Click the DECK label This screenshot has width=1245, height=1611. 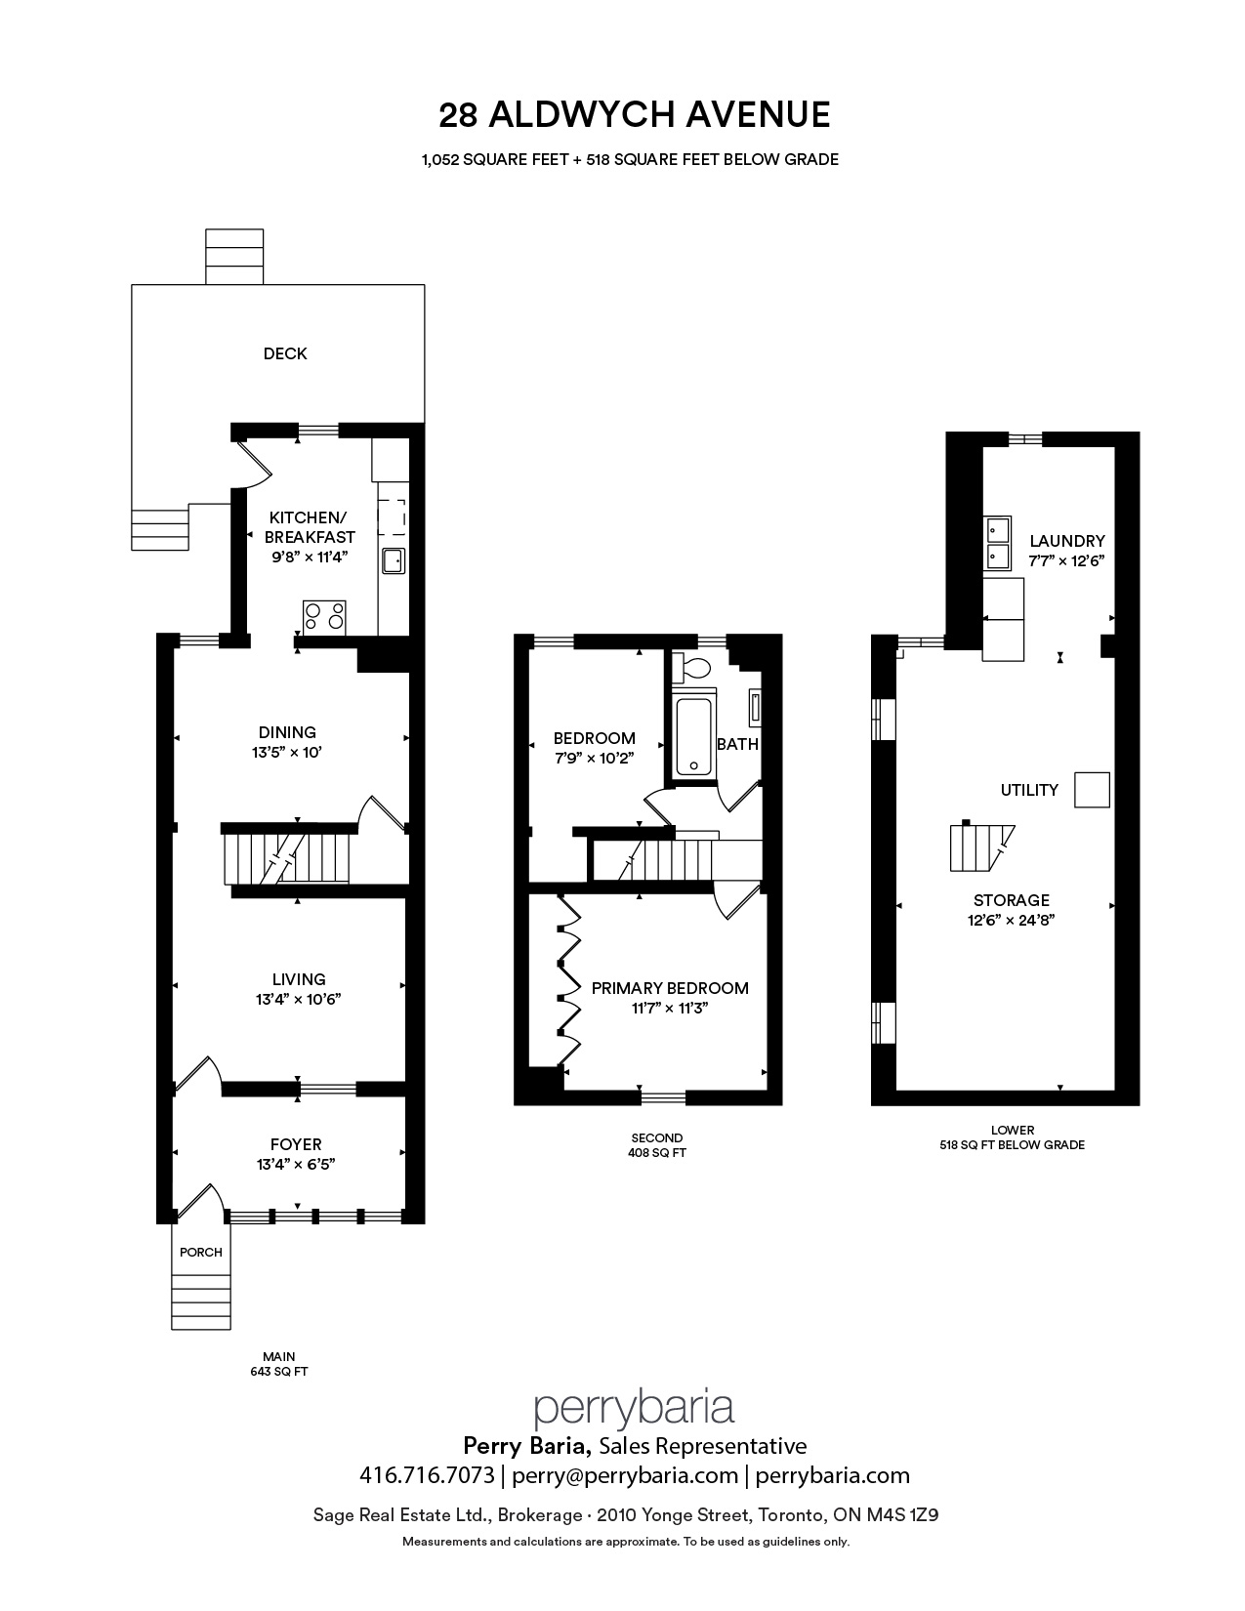[285, 353]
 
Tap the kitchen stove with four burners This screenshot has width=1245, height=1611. [324, 617]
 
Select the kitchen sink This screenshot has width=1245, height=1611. [393, 560]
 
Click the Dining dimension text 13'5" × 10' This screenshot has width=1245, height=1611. [286, 753]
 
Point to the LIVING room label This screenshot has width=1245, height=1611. [298, 979]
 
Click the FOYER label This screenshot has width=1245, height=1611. [296, 1144]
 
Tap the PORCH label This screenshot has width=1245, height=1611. [201, 1252]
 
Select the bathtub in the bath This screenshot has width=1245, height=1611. [694, 734]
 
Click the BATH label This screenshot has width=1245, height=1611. [738, 744]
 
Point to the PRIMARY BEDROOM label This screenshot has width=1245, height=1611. [670, 988]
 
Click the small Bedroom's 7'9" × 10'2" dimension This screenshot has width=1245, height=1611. [594, 758]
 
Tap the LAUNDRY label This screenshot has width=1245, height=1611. [1067, 541]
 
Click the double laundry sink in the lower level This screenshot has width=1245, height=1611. [997, 543]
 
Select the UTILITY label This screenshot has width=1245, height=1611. [1029, 790]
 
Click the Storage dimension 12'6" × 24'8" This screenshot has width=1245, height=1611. [1011, 920]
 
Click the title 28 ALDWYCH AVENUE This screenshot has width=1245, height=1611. [634, 114]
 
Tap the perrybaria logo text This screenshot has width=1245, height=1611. [634, 1408]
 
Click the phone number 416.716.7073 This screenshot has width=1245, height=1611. [427, 1475]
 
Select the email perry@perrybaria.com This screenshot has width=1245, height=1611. [624, 1476]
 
